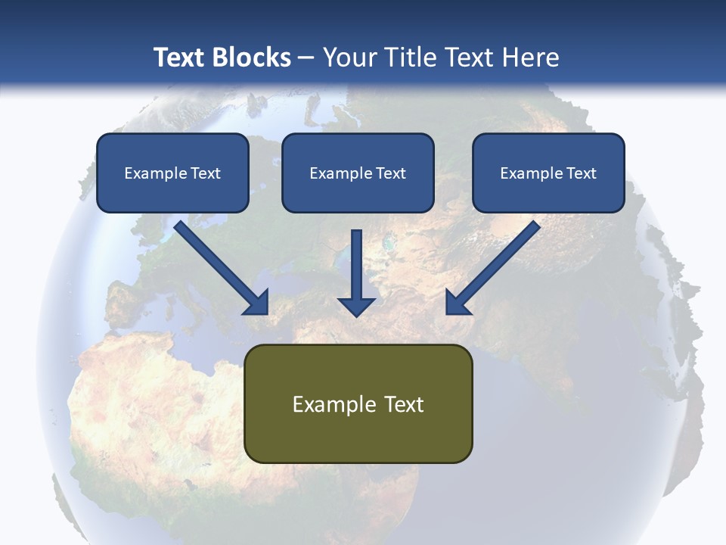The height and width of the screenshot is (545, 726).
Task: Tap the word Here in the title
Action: tap(532, 58)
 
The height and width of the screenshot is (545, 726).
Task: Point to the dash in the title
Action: tap(306, 58)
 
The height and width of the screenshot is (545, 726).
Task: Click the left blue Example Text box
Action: tap(172, 173)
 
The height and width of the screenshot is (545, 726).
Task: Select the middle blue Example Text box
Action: tap(358, 173)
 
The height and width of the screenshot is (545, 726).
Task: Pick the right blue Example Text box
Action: tap(548, 173)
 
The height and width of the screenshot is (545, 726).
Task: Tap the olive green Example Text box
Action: tap(358, 403)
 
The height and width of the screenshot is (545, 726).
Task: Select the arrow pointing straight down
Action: tap(356, 269)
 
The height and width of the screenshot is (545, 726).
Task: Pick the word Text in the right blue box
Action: tap(582, 173)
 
